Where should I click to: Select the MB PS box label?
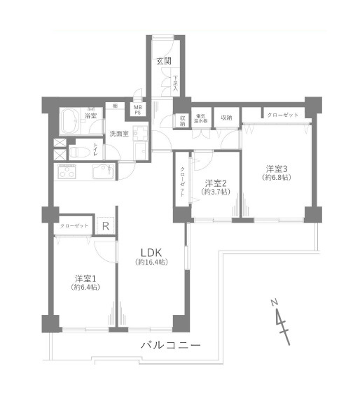pyautogui.click(x=138, y=109)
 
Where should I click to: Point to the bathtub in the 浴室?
pyautogui.click(x=70, y=125)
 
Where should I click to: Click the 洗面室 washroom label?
pyautogui.click(x=118, y=133)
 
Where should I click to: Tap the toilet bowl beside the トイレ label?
pyautogui.click(x=78, y=150)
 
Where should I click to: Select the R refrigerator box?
pyautogui.click(x=105, y=226)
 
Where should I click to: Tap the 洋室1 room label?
pyautogui.click(x=85, y=276)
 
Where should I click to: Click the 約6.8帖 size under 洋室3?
pyautogui.click(x=277, y=178)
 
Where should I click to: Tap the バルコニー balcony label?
pyautogui.click(x=171, y=346)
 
